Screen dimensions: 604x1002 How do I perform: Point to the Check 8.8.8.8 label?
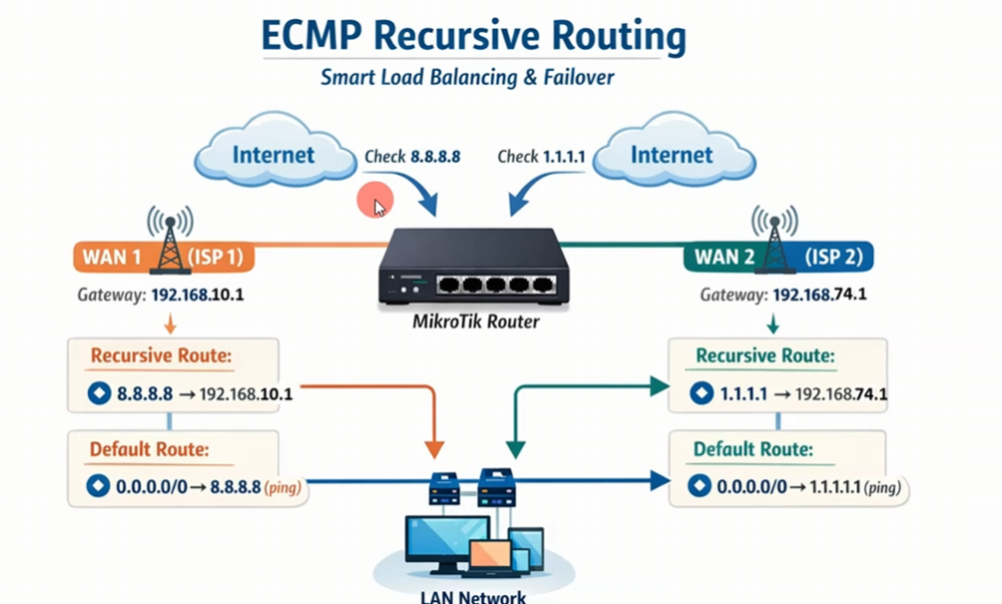tap(412, 156)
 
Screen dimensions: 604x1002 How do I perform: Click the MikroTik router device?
tap(473, 266)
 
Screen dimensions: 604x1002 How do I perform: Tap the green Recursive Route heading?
tap(765, 356)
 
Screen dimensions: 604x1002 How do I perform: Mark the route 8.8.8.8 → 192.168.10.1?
tap(190, 393)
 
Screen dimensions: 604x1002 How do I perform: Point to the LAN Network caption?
tap(472, 597)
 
